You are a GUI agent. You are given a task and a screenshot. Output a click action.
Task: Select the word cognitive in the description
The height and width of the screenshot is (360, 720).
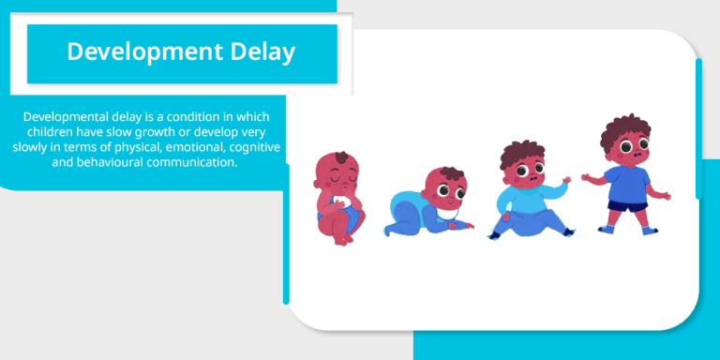tap(250, 147)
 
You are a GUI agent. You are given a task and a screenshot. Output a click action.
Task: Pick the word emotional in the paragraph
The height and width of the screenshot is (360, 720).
tap(185, 147)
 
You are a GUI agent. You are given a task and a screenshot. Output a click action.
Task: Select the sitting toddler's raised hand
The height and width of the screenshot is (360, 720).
tap(565, 180)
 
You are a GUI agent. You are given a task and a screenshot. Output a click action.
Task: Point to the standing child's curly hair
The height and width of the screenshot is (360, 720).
tap(626, 130)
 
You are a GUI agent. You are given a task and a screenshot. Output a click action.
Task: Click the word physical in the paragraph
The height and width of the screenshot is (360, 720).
tap(116, 147)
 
